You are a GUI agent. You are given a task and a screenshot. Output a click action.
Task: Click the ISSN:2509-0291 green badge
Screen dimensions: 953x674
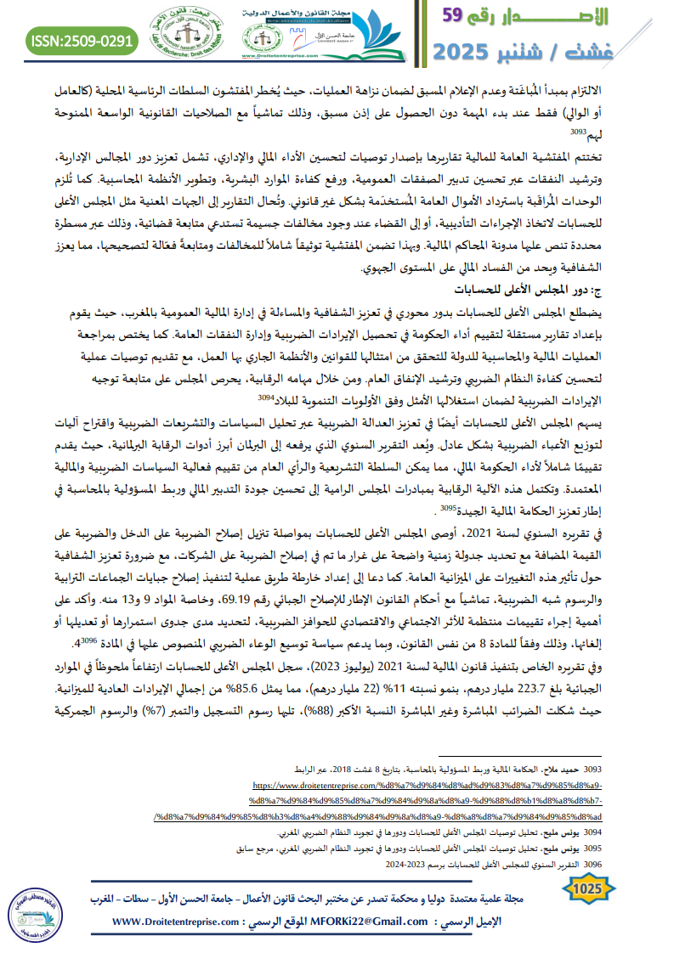point(82,40)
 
